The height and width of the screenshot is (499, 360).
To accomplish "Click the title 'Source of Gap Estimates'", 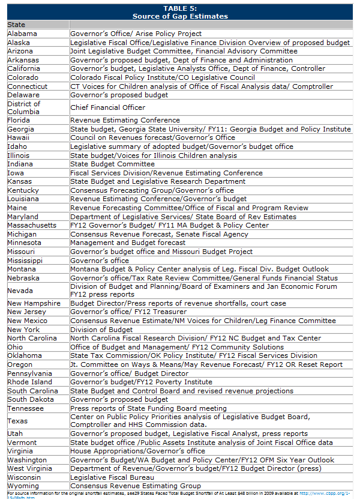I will coord(180,16).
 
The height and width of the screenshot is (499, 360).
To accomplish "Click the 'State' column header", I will coord(16,25).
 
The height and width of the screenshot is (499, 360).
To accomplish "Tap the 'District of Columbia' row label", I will coord(24,107).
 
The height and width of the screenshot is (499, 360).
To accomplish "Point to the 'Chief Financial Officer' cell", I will coord(107,107).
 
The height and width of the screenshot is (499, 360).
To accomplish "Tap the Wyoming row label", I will coord(23,486).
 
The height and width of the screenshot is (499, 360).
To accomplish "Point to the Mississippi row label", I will coord(25,261).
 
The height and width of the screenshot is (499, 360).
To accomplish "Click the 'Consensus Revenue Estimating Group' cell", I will coord(136,486).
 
